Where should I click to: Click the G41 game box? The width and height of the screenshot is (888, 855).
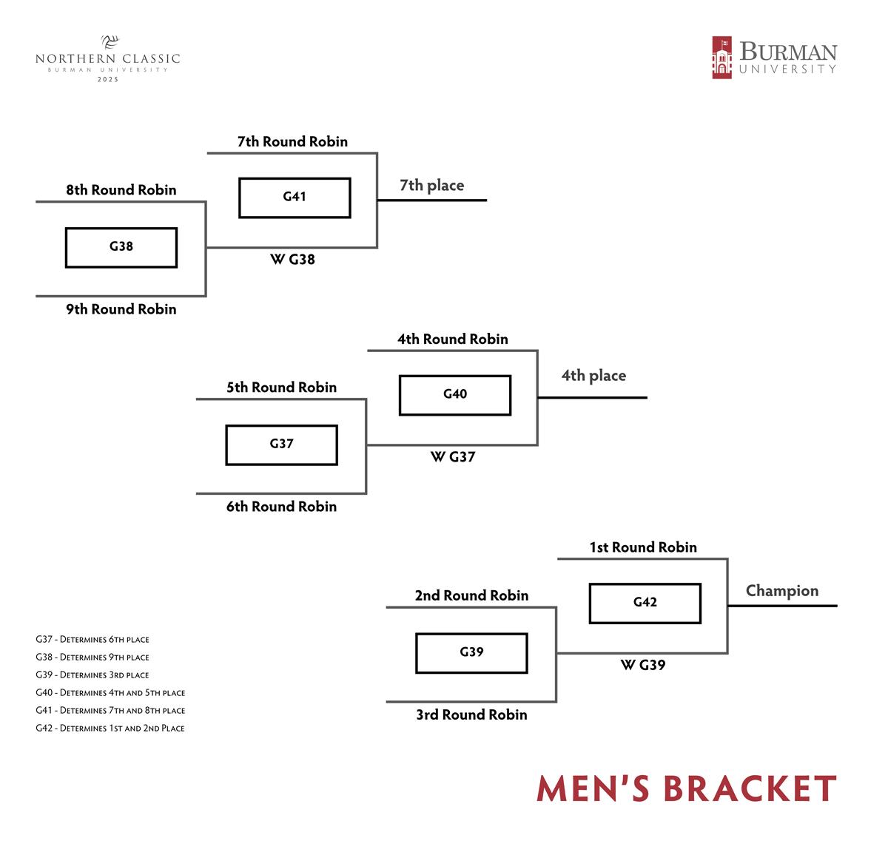click(295, 197)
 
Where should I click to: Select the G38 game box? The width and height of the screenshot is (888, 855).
click(121, 247)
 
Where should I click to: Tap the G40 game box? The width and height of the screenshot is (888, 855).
click(455, 395)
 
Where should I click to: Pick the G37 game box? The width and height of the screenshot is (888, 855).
click(281, 445)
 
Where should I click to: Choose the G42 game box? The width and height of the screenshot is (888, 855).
click(645, 603)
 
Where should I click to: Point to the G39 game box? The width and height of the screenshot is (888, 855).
click(471, 652)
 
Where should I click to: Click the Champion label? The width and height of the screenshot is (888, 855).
click(781, 591)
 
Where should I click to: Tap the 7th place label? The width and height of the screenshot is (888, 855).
click(431, 186)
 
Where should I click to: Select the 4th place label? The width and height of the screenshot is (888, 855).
click(593, 376)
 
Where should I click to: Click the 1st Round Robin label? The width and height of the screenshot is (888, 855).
click(642, 547)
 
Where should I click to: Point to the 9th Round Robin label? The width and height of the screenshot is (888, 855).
click(121, 309)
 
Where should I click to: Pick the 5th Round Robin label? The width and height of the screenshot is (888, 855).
click(281, 388)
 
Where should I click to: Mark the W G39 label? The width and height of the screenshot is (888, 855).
click(642, 665)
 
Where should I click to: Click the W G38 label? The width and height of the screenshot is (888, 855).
click(292, 260)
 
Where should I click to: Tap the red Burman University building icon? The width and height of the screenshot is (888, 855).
click(721, 58)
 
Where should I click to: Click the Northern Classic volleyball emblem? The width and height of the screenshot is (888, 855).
click(110, 42)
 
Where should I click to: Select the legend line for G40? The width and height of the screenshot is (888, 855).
click(110, 693)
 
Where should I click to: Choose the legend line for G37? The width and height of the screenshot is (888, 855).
click(92, 640)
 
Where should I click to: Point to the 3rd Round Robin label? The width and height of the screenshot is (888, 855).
click(471, 714)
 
